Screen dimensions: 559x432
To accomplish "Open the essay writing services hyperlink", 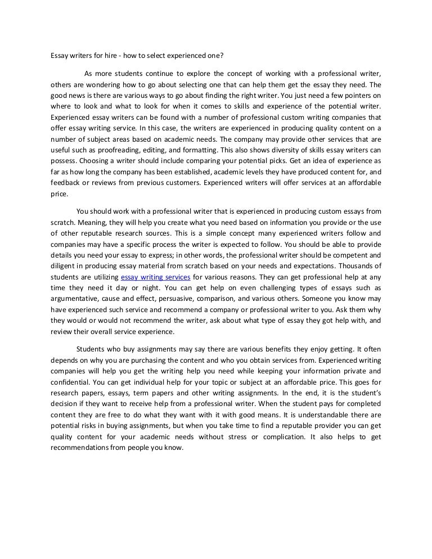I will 156,277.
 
